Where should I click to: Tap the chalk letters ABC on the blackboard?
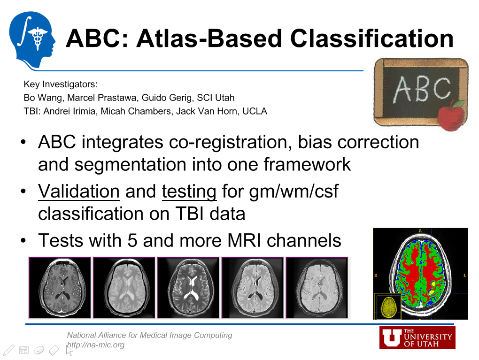click(421, 89)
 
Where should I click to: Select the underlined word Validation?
click(79, 191)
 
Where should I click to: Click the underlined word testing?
click(189, 191)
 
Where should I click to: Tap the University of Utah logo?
click(417, 338)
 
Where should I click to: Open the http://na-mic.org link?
click(96, 345)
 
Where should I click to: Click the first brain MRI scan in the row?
click(60, 288)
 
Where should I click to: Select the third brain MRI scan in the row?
click(189, 288)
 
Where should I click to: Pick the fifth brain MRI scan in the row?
click(317, 288)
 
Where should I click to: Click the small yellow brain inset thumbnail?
click(387, 306)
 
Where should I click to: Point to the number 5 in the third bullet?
click(132, 240)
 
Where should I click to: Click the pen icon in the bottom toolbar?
click(8, 350)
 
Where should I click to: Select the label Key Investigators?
click(61, 84)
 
